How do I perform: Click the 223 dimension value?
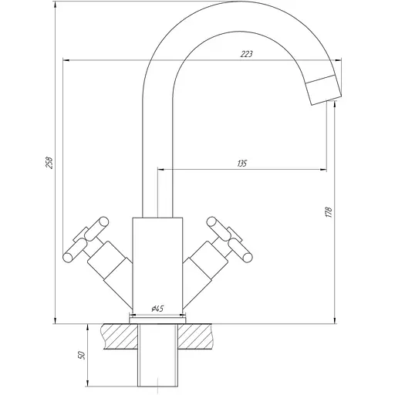(248, 54)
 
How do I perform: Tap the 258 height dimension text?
(50, 163)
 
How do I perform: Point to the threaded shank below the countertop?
(158, 363)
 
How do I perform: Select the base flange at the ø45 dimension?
(158, 317)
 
